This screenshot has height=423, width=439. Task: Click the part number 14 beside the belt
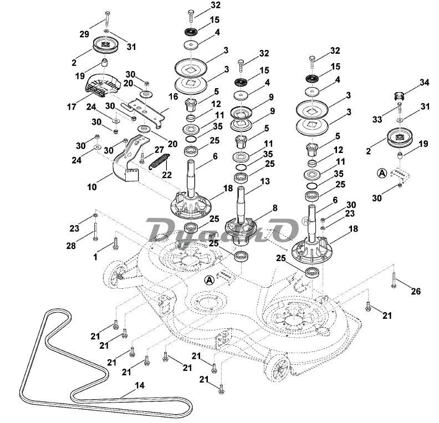tap(139, 385)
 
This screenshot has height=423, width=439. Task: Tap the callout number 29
tap(84, 34)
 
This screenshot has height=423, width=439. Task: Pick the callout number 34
tap(424, 83)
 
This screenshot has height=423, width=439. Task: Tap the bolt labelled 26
tap(393, 278)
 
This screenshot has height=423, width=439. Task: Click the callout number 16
tap(173, 96)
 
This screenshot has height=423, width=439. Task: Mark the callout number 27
tap(159, 149)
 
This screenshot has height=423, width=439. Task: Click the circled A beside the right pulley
tap(381, 174)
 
